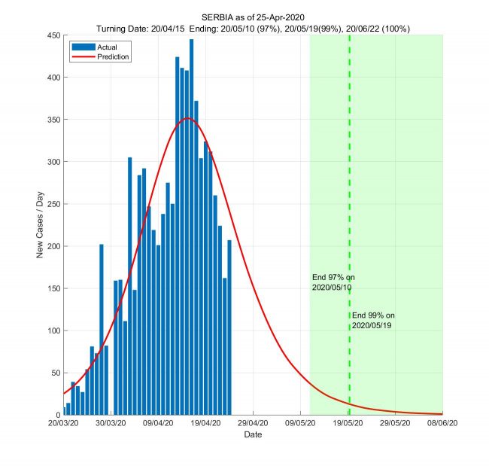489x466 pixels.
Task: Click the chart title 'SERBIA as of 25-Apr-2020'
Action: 253,17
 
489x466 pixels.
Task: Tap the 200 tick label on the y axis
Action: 54,246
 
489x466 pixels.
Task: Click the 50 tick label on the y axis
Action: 56,373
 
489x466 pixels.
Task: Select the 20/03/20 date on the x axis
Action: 62,424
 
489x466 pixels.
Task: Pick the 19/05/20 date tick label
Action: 348,424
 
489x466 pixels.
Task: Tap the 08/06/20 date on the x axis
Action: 442,424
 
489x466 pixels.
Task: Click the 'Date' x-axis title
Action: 253,435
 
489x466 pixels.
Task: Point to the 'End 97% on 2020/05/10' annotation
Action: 333,282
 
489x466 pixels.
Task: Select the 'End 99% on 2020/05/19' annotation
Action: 372,320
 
